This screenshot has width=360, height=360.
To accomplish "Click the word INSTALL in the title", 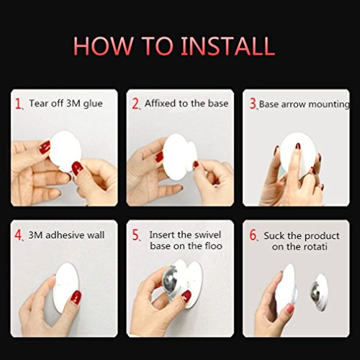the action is tap(228, 45).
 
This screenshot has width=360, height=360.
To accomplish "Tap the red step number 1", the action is tap(18, 104).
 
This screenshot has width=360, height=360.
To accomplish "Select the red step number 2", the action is tap(135, 104).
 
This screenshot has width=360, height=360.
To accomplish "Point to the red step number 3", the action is tap(253, 104).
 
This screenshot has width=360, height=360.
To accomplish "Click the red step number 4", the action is tap(18, 235).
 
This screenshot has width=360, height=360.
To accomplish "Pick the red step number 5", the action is tap(135, 235).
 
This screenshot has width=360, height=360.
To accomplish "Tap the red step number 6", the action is tap(253, 235).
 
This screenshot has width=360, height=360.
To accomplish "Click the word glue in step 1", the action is tap(93, 104).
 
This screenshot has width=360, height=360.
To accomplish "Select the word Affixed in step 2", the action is tap(160, 103).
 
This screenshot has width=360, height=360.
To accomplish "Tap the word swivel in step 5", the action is tap(208, 235).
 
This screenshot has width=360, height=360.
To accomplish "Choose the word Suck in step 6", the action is tap(274, 236).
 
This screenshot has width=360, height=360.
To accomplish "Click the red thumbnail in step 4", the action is tap(76, 297).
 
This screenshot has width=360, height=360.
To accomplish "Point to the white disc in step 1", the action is tap(65, 150).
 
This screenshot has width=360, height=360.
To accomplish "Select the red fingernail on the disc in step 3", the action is tap(298, 145).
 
